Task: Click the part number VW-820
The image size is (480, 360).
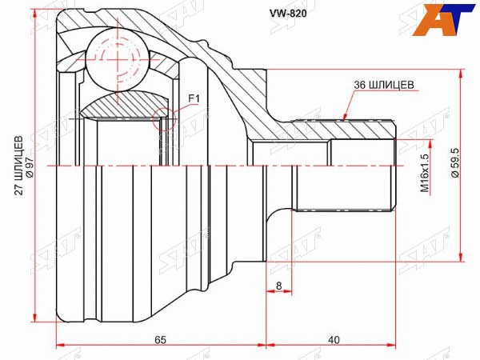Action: [287, 13]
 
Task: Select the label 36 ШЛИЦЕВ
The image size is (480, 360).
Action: [384, 85]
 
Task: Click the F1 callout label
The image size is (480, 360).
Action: [194, 98]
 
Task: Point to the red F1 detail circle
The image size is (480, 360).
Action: [164, 120]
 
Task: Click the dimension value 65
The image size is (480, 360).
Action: [160, 340]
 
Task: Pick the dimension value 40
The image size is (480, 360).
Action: [334, 340]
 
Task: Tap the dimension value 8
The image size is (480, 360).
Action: [278, 286]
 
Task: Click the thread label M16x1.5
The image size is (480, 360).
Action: [424, 173]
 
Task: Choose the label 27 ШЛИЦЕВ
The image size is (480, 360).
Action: [19, 166]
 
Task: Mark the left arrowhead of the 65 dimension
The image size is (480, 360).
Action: [61, 346]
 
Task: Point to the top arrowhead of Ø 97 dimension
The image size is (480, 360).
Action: [35, 14]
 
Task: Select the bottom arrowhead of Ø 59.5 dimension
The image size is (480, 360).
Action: [460, 258]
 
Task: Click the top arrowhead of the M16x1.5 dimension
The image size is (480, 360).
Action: [431, 144]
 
